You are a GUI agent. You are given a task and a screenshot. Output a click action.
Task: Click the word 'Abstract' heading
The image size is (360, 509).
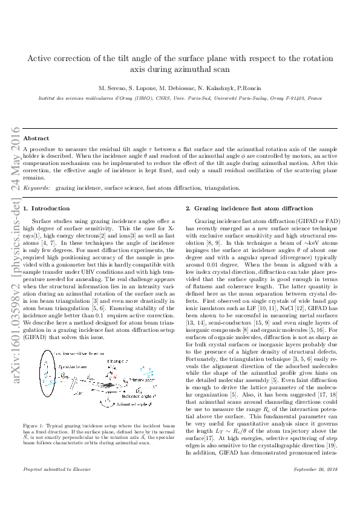[36, 138]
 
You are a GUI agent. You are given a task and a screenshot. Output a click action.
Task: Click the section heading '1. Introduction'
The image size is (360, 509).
[45, 208]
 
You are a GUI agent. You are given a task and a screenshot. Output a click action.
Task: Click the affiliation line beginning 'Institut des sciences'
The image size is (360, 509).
[180, 97]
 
